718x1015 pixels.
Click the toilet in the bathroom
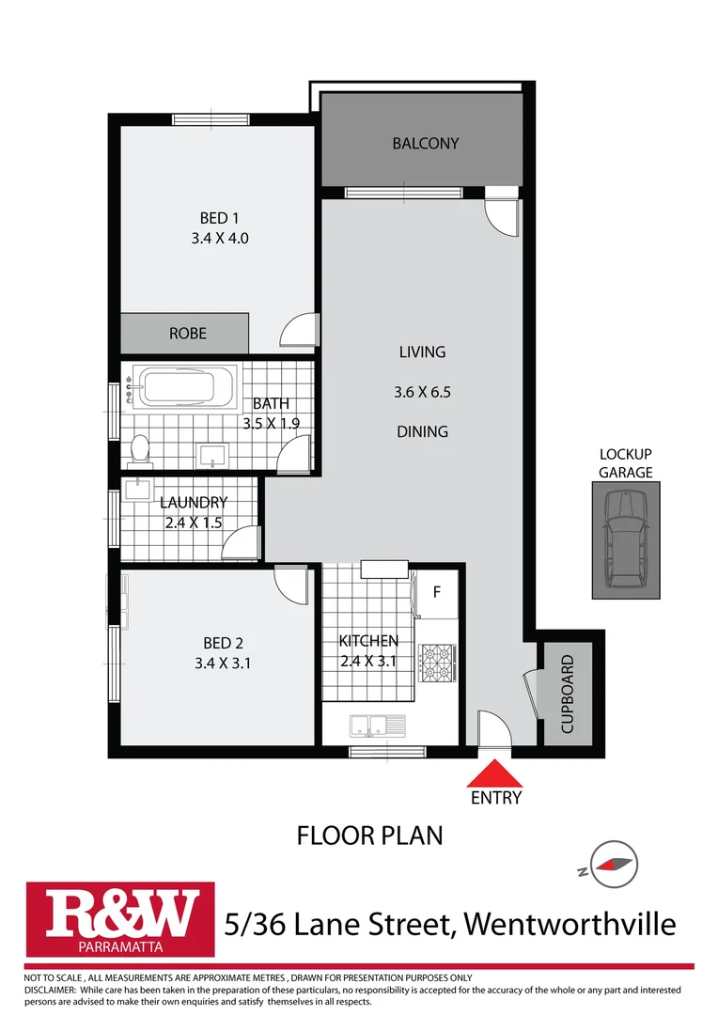tap(140, 449)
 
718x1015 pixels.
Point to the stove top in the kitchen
tap(437, 661)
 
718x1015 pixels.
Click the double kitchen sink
tap(376, 725)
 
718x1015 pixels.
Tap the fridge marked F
tap(436, 593)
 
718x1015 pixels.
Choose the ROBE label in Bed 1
tap(187, 334)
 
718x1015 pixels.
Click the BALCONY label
tap(426, 144)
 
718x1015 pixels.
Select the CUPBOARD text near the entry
tap(567, 695)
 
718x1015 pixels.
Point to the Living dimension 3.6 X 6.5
tap(422, 392)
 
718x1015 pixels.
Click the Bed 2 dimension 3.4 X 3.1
tap(224, 663)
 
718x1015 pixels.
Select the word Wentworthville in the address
tap(570, 924)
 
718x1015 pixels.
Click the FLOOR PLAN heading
tap(369, 835)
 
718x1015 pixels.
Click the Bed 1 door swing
tap(299, 330)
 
